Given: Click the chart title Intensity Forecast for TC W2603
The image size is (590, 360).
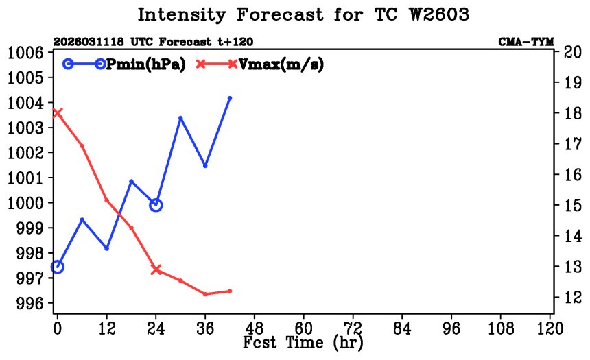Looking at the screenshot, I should [303, 15].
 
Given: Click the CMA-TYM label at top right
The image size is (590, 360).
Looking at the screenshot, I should [526, 42].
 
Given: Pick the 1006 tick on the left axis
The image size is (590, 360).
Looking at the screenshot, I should [26, 53].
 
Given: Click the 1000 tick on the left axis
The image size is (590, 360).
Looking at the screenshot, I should [26, 203].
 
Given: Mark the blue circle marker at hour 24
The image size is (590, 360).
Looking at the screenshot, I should [156, 204].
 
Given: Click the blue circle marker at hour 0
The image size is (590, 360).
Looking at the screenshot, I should [57, 267].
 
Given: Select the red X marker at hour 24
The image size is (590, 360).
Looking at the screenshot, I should [156, 269].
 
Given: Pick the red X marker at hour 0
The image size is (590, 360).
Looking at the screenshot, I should [57, 113].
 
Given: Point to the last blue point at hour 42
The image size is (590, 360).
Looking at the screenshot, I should [230, 98].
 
